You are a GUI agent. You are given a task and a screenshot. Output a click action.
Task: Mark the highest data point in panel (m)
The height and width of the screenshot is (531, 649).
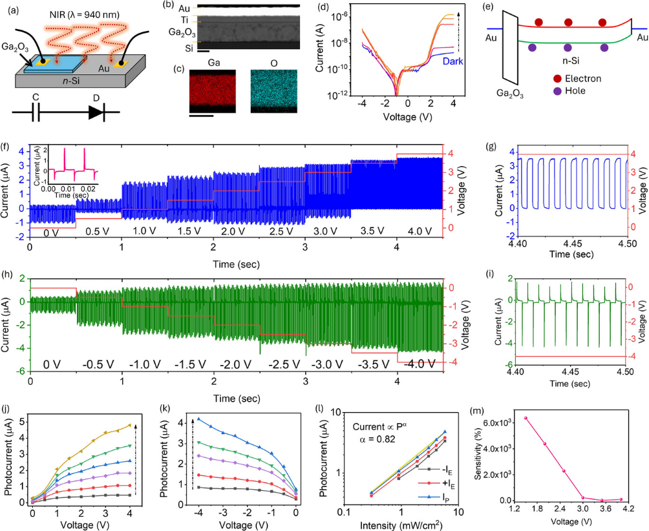pos(526,418)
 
